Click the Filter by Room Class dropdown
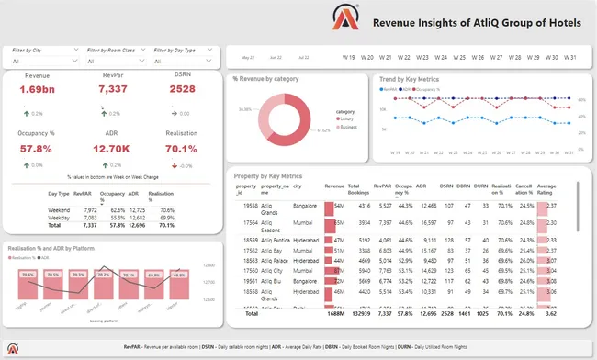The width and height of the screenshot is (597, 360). pos(114,62)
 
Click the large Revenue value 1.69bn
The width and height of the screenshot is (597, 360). pos(37,89)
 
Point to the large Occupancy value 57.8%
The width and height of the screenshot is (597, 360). pos(36,148)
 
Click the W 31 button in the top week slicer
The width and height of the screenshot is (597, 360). pos(570,56)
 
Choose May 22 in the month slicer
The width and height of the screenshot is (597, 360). pos(248,56)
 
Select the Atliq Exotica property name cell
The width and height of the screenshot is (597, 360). pos(276,237)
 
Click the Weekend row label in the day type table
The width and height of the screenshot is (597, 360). pos(59,209)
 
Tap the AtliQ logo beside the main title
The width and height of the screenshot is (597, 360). pos(347,22)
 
